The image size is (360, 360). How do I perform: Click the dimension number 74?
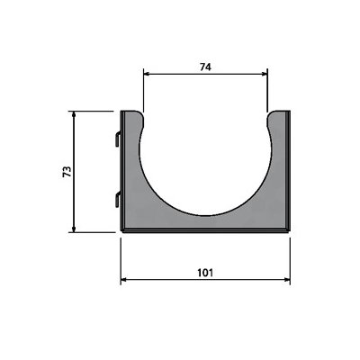click(x=205, y=67)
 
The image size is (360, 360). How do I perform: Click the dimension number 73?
click(x=67, y=171)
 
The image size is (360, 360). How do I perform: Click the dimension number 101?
click(x=205, y=273)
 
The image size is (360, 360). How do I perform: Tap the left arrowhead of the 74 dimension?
click(x=146, y=74)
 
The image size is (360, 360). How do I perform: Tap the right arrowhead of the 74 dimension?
click(x=265, y=74)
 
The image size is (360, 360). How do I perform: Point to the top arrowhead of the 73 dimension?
click(x=74, y=114)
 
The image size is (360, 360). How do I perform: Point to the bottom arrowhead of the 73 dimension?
click(x=74, y=229)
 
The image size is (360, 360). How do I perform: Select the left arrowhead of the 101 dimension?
click(x=123, y=280)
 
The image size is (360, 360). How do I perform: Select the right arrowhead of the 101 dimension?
click(x=287, y=280)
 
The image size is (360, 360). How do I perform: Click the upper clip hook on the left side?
click(x=118, y=139)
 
